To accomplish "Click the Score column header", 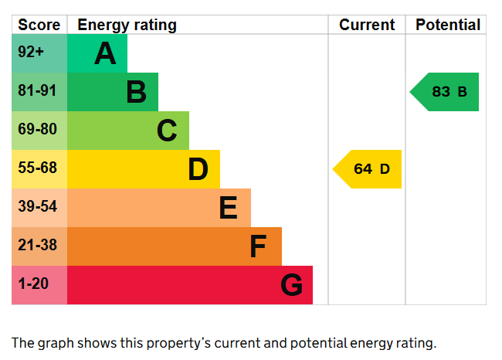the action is click(39, 25).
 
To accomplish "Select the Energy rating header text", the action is click(127, 25).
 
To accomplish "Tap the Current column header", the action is click(367, 25).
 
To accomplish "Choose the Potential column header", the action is click(448, 25).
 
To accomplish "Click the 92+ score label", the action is click(31, 52).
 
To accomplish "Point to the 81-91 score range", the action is click(37, 90).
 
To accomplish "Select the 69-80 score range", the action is click(38, 129).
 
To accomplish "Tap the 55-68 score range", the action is click(38, 168).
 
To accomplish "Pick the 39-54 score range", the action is click(38, 206).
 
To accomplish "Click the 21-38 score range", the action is click(38, 245).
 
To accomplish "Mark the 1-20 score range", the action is click(33, 284).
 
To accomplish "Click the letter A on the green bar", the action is click(105, 53).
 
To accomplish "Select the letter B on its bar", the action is click(137, 92).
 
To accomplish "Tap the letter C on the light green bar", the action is click(167, 131).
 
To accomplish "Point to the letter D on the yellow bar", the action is click(198, 169).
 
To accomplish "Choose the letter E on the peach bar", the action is click(229, 208).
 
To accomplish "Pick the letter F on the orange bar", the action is click(258, 246).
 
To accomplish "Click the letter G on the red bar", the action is click(292, 285).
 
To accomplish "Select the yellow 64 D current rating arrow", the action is click(367, 169).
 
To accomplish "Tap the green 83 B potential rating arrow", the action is click(444, 92).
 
